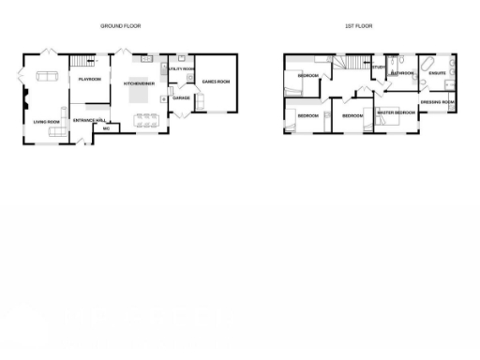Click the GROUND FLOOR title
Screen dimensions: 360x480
(x=120, y=26)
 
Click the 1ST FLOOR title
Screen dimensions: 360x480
(x=358, y=26)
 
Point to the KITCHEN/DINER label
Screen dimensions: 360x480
(x=140, y=82)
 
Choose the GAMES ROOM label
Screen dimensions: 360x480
(x=216, y=82)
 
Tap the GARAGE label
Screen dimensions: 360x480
(x=181, y=97)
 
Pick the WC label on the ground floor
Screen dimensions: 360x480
(x=106, y=128)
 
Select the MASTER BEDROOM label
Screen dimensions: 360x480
(x=396, y=112)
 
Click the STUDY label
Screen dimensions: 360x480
(x=379, y=67)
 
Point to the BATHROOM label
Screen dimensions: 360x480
(x=403, y=72)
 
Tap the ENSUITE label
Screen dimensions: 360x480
(x=438, y=72)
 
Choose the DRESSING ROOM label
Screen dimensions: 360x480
(x=438, y=101)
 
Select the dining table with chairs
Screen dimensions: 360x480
(x=145, y=119)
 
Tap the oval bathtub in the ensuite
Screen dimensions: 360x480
(x=425, y=65)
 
